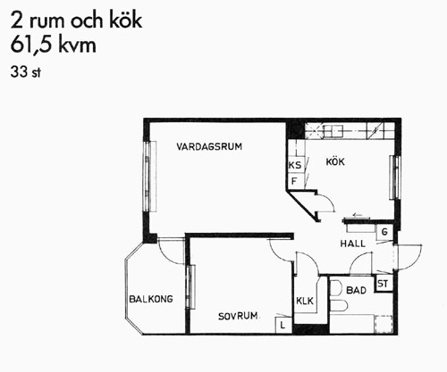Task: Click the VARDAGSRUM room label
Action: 209,146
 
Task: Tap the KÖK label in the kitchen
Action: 335,161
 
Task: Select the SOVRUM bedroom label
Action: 238,316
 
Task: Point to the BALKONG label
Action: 151,299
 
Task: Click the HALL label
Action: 353,244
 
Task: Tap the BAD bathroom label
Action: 357,290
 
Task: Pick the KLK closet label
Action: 305,302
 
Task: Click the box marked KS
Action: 296,165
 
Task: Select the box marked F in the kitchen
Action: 296,181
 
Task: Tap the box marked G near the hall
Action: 384,232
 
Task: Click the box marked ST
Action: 384,284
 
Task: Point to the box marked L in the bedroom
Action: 283,325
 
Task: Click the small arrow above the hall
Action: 357,214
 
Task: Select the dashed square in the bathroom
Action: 384,324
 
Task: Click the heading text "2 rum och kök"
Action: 76,21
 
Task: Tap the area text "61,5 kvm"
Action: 54,45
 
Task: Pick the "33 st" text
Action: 26,72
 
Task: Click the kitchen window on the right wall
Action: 395,178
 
